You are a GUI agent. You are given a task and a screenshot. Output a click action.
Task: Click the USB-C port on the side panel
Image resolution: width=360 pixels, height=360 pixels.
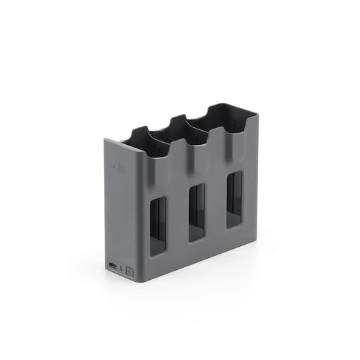[x=114, y=266]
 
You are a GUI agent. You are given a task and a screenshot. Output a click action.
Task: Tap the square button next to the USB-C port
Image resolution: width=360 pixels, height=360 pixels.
[x=129, y=269]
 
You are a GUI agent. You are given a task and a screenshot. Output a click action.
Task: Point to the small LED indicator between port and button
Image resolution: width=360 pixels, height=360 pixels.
[x=122, y=268]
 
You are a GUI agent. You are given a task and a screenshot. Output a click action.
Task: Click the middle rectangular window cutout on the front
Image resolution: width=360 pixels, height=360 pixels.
[x=197, y=210]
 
